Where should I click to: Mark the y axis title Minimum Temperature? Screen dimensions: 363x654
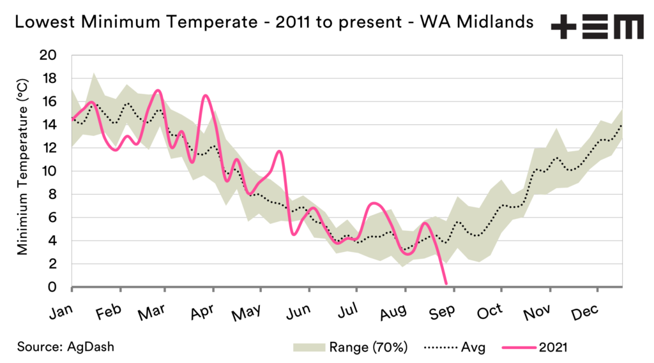coord(22,171)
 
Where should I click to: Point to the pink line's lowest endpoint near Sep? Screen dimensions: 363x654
coord(446,283)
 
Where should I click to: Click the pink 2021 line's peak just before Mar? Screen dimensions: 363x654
coord(158,91)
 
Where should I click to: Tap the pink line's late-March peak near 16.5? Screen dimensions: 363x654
coord(205,96)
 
